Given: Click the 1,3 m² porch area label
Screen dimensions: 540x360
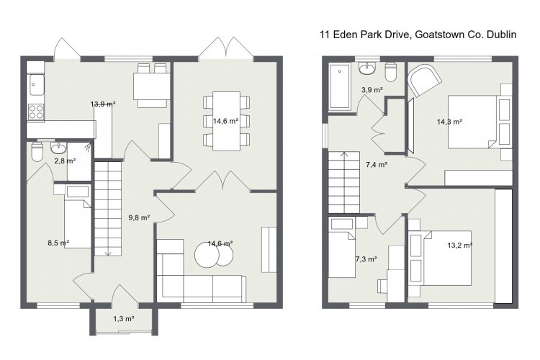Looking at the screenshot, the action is point(124,319).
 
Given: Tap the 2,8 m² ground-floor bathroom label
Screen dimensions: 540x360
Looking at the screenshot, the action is point(65,160).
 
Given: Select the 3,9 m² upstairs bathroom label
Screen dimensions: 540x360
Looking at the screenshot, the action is point(372,90).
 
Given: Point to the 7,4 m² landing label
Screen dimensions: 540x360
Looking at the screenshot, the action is point(377,165).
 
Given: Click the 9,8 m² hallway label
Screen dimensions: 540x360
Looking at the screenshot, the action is point(139,217).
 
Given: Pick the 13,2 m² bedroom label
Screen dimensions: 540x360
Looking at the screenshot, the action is point(460,246).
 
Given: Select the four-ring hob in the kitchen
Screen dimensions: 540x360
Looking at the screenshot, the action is point(36,112).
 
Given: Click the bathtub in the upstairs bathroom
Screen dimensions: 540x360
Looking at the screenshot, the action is point(340,86).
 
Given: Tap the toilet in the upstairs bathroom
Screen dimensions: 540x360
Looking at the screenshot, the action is point(391,72).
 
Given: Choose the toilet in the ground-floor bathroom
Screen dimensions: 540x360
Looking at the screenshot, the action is point(37,152).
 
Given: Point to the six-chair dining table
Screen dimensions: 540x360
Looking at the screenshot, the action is point(226,121).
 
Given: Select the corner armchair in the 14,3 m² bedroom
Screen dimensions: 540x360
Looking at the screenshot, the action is point(424,81).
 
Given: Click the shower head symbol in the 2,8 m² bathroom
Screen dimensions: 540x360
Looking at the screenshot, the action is point(89,147).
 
